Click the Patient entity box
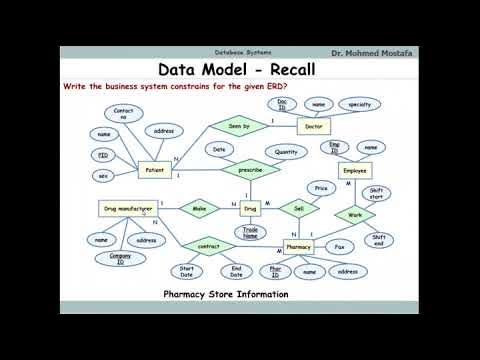[155, 171]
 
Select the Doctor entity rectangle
[314, 126]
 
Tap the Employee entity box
[355, 171]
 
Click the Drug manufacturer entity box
[127, 208]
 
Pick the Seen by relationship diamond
[240, 126]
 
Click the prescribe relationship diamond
[250, 171]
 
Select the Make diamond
[199, 208]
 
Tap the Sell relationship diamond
[298, 208]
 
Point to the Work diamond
[355, 214]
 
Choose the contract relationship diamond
[209, 245]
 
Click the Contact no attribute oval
[124, 114]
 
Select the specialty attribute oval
[360, 104]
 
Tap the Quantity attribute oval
[286, 152]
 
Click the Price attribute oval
[321, 188]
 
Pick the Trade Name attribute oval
[250, 233]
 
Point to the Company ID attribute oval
[120, 258]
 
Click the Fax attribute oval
[340, 246]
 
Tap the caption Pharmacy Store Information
[226, 294]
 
